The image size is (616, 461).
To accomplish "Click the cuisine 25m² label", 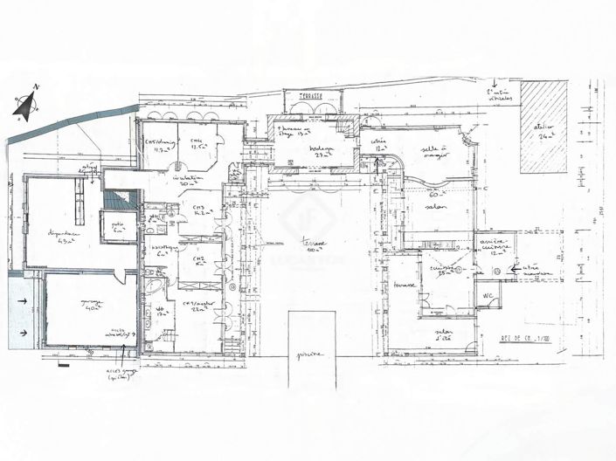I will click(446, 271).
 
